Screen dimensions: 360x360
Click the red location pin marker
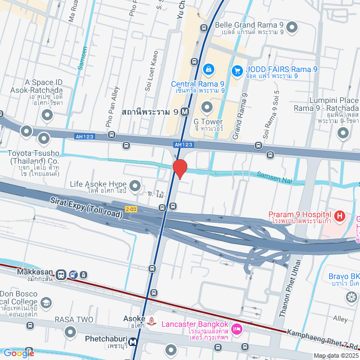[x=179, y=168]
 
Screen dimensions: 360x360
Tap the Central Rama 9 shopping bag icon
[x=208, y=69]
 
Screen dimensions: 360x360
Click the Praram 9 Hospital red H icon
[x=339, y=215]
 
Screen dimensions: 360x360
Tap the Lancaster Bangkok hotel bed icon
[x=237, y=328]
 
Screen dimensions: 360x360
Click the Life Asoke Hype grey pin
[x=135, y=184]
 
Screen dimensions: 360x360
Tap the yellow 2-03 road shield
[x=131, y=209]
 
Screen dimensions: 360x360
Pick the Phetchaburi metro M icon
[x=133, y=341]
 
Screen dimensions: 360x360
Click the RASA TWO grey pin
[x=69, y=332]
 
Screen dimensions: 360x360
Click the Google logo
[x=18, y=353]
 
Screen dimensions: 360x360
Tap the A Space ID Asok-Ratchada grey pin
[x=47, y=115]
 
